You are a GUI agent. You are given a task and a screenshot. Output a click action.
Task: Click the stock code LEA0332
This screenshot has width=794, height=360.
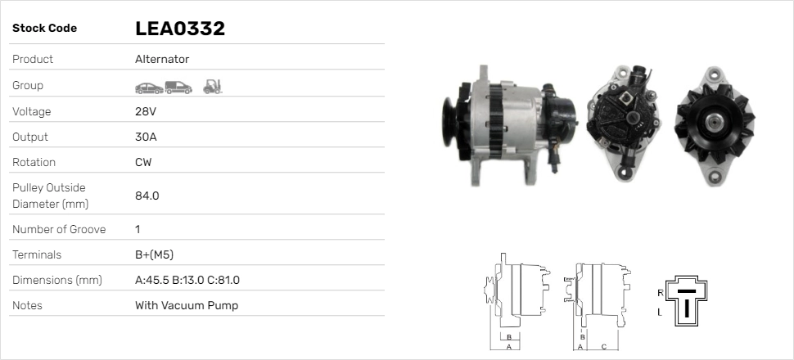point(179,29)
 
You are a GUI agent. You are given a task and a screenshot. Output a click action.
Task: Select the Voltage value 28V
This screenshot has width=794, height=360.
point(145,111)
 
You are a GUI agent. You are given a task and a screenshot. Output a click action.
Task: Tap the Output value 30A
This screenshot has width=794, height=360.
point(146,137)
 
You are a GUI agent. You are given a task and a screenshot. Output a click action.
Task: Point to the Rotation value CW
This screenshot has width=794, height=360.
point(143,162)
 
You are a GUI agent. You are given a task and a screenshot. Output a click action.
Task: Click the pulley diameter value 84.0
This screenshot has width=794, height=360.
point(147,196)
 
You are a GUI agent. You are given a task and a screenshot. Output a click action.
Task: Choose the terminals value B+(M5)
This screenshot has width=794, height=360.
point(154,254)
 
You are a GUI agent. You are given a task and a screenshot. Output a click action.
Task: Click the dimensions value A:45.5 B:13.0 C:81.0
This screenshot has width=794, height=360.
point(187,280)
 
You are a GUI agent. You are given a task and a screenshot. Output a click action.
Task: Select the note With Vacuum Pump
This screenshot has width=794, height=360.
point(186,305)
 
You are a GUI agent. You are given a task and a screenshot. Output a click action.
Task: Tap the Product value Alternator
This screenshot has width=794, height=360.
point(161,60)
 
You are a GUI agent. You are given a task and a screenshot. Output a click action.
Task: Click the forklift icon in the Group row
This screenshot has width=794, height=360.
point(213,86)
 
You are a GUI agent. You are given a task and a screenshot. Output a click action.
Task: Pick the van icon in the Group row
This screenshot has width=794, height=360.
point(178,86)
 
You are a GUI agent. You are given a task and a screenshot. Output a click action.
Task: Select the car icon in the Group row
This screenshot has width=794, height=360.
point(148,86)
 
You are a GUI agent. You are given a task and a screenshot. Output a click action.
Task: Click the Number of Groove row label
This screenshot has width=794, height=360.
point(59,229)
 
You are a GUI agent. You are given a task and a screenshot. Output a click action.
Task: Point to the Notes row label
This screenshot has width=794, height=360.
point(27,305)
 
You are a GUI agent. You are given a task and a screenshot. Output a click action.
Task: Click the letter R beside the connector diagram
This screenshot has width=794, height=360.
point(660,292)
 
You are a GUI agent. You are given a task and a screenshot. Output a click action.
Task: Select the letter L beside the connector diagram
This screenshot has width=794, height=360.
point(660,313)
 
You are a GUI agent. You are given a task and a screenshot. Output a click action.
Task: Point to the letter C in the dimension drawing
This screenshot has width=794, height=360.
point(602,346)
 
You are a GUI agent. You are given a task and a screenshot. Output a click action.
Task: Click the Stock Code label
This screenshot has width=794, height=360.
point(44,29)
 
